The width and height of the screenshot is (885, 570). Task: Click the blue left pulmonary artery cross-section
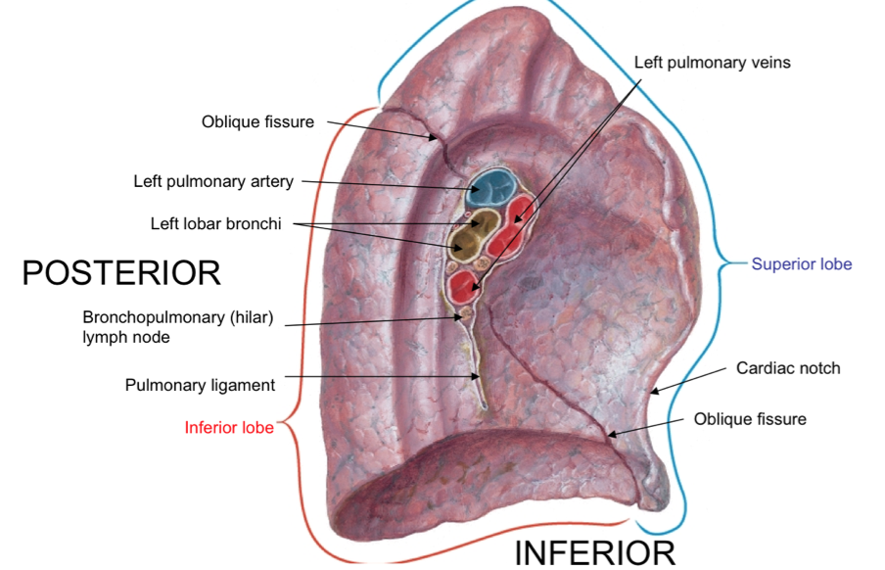pos(491,186)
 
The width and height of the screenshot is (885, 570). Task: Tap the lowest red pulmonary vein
pos(464,287)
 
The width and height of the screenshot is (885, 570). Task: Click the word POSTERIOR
pos(121,273)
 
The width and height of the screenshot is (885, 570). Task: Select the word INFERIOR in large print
pos(595,552)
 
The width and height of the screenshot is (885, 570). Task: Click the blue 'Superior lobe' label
pos(801,264)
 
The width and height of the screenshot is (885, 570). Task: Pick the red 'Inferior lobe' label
pos(229,427)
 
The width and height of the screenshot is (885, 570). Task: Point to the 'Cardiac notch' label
pos(788,369)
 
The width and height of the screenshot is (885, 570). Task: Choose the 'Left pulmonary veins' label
pos(712,63)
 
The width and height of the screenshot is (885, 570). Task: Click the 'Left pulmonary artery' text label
pos(213,181)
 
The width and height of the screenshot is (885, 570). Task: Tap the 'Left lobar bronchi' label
pos(215,224)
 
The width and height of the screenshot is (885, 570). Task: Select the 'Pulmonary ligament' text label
pos(200,385)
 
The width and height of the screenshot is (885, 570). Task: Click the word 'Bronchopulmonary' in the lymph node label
pos(146,317)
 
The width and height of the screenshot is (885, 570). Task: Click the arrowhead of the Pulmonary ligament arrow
pos(477,376)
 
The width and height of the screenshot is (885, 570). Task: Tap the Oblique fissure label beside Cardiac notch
pos(750,419)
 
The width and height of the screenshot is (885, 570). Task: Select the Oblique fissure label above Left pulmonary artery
pos(257,122)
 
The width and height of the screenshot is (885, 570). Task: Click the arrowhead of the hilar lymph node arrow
pos(463,316)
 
